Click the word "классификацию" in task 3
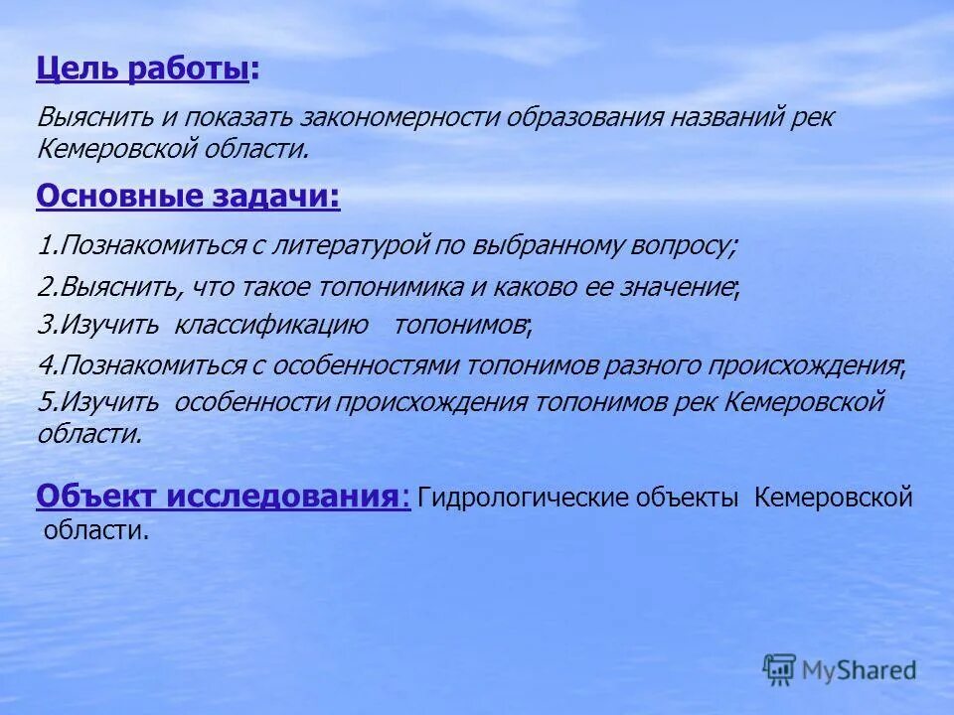tap(271, 325)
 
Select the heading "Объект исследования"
tap(219, 497)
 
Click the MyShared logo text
tap(858, 671)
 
